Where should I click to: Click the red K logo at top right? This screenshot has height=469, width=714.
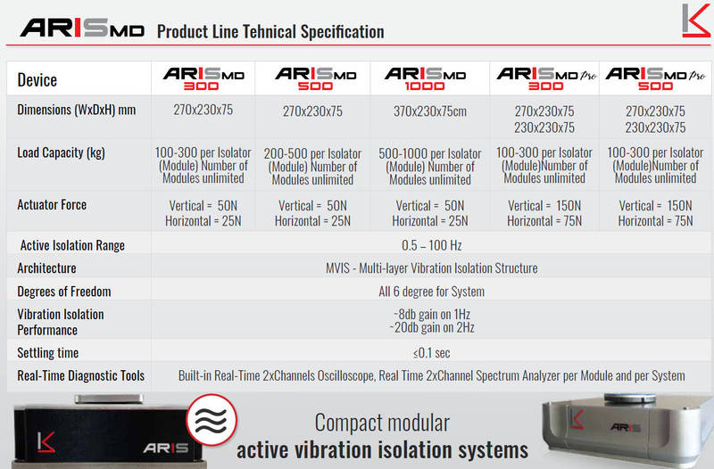tap(696, 21)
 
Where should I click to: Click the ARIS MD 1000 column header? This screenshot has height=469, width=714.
tap(425, 78)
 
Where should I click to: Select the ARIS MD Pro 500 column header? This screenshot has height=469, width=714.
tap(655, 78)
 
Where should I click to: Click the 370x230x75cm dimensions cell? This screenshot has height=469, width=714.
tap(430, 111)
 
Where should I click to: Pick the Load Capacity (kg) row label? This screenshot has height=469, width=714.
tap(61, 152)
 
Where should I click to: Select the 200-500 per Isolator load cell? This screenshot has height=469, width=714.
tap(312, 167)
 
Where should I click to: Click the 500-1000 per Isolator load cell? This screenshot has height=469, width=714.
tap(430, 167)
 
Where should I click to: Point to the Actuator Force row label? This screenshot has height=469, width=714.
tap(52, 205)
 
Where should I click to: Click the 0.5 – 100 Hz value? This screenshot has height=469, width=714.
tap(432, 245)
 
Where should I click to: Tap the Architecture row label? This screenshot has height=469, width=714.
tap(46, 268)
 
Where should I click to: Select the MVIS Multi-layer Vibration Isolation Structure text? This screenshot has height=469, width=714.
tap(432, 268)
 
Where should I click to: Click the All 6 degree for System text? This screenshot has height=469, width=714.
tap(432, 292)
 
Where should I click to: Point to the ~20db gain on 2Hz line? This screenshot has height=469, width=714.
tap(432, 327)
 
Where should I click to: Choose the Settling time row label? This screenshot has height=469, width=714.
tap(48, 353)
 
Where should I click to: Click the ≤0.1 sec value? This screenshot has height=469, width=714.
tap(432, 353)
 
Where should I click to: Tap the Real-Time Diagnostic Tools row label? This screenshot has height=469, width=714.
tap(80, 375)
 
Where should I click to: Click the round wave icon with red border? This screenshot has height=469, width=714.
tap(212, 420)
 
